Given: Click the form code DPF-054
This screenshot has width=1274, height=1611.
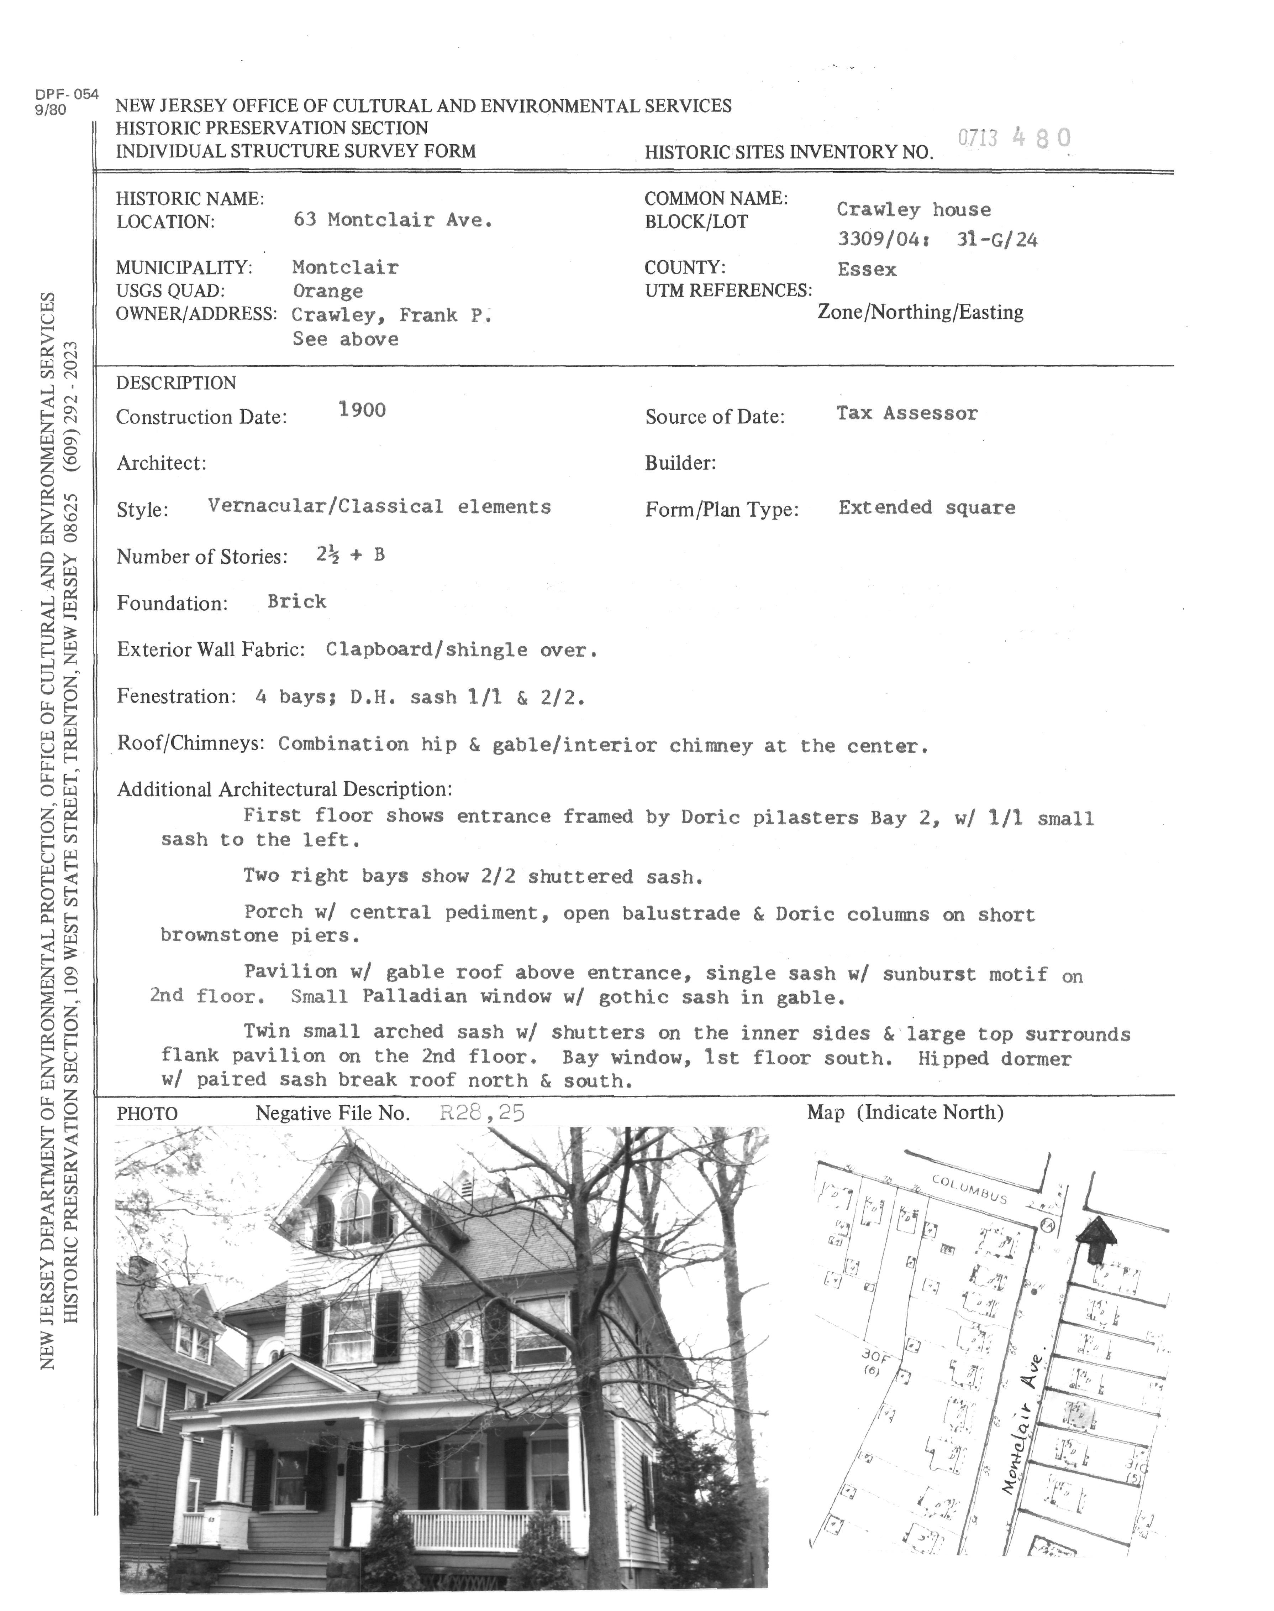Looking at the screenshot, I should (67, 95).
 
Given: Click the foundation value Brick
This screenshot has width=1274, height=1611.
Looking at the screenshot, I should (297, 601).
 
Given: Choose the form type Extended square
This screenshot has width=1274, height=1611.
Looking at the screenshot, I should (926, 508).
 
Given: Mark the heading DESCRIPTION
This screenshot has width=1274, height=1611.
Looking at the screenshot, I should (176, 384).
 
